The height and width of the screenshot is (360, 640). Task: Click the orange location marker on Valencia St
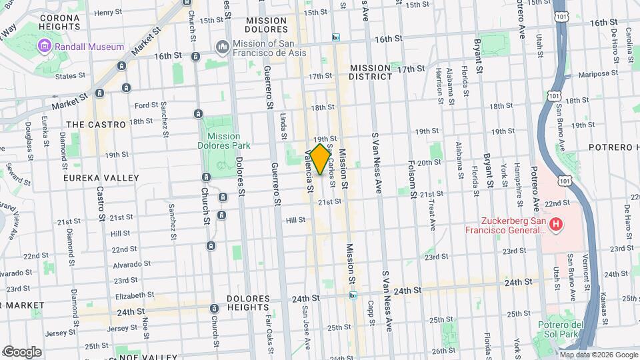[320, 159]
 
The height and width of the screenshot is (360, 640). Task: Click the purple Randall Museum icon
[45, 47]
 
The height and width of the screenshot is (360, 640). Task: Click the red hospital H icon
[555, 226]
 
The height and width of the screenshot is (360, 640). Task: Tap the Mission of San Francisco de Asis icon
[222, 47]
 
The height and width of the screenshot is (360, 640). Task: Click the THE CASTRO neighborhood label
[97, 125]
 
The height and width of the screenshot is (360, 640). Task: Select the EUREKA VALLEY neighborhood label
[101, 178]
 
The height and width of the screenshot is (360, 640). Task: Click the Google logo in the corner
[22, 352]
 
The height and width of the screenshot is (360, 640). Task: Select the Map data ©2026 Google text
[599, 355]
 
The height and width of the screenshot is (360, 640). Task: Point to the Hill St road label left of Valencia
[295, 219]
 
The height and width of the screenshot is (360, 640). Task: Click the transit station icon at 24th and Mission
[353, 295]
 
